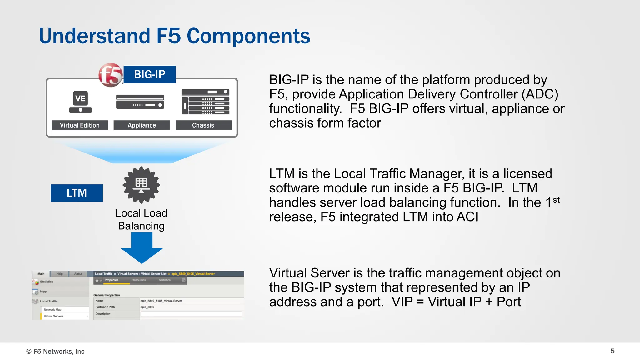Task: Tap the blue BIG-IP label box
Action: tap(150, 74)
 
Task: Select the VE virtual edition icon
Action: tap(80, 102)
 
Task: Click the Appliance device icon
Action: tap(140, 102)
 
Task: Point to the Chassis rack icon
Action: tap(205, 102)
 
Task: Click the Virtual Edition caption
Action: tap(80, 125)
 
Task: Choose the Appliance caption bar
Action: tap(142, 125)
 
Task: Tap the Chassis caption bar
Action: tap(203, 125)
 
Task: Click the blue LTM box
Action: tap(77, 193)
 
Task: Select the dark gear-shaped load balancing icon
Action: tap(141, 185)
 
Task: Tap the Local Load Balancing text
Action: tap(141, 219)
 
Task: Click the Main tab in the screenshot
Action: tap(41, 274)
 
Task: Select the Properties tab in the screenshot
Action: tap(112, 280)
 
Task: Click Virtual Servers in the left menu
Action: tap(54, 316)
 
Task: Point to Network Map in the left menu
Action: tap(52, 310)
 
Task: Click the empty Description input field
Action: tap(191, 314)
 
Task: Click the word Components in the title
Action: tap(248, 36)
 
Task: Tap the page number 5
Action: tap(612, 351)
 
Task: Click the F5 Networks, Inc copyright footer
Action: tap(55, 352)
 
